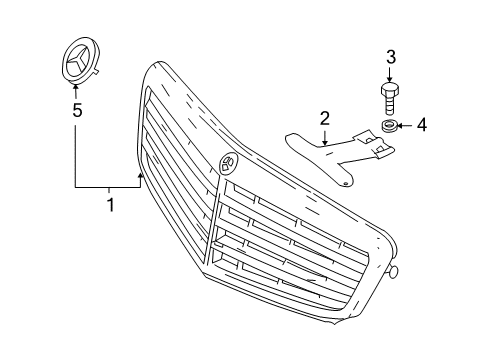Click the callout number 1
[111, 205]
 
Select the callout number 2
[325, 119]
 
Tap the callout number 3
[391, 57]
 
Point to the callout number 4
[422, 125]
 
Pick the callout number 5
[77, 110]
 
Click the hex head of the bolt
[390, 89]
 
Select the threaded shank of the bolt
[390, 104]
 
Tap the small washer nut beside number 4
[389, 126]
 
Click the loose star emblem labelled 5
[81, 61]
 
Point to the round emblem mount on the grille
[227, 162]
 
